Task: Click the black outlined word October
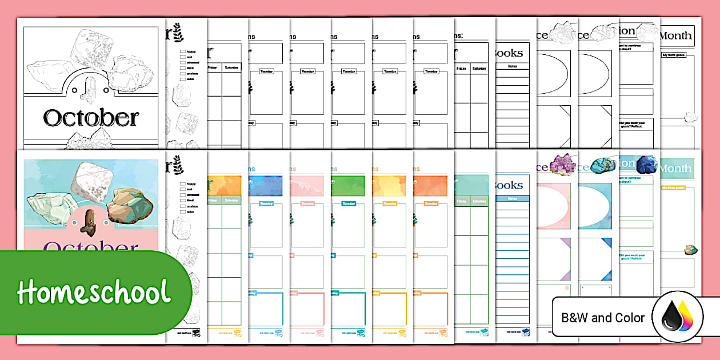click(91, 118)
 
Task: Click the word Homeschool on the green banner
click(94, 292)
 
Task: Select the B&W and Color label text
click(603, 318)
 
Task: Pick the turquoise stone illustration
click(606, 166)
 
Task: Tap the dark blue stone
click(647, 164)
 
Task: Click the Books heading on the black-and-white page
click(509, 53)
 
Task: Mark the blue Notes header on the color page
click(512, 198)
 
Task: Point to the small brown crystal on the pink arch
click(89, 222)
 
